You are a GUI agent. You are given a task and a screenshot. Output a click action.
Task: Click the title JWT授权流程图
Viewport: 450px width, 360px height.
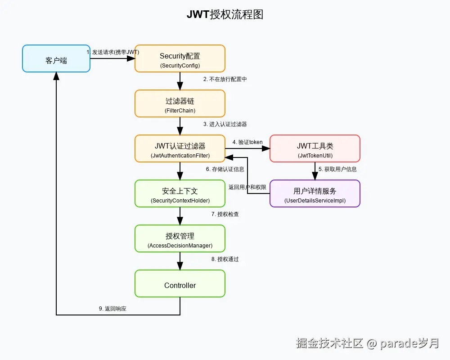(x=225, y=15)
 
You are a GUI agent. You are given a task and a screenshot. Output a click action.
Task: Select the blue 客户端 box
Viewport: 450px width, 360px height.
(x=56, y=58)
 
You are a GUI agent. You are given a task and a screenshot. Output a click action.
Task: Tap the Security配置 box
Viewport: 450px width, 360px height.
(x=180, y=58)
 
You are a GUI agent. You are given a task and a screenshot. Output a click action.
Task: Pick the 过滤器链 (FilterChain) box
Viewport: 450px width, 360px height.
(x=180, y=103)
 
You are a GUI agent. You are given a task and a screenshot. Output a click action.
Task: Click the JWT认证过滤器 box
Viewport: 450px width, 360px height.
(x=180, y=148)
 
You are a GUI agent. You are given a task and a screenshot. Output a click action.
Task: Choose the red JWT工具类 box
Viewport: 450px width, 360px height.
(x=315, y=148)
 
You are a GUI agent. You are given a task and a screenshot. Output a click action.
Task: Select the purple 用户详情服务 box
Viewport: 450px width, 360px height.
(x=315, y=193)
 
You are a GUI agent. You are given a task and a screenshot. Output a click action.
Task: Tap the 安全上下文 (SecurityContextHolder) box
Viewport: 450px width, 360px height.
(x=180, y=193)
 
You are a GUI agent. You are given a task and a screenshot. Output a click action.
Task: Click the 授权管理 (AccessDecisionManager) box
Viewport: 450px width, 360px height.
(x=180, y=238)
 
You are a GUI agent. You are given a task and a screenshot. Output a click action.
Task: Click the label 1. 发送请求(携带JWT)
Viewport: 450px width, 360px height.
(x=113, y=52)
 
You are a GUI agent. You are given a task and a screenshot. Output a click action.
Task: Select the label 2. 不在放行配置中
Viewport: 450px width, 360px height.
(x=225, y=79)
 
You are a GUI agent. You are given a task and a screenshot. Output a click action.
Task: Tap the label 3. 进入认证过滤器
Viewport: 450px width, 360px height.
(x=225, y=124)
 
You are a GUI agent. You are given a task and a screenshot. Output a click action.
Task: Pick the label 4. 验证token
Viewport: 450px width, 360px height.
(x=247, y=142)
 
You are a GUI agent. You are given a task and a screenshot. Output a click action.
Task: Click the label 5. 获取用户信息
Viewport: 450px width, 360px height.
(x=337, y=169)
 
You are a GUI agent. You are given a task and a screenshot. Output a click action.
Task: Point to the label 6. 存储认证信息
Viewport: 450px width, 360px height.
(x=225, y=169)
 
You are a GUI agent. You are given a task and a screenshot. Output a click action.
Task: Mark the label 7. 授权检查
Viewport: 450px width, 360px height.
(x=225, y=214)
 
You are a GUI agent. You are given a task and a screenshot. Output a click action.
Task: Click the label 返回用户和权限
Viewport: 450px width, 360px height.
(x=247, y=187)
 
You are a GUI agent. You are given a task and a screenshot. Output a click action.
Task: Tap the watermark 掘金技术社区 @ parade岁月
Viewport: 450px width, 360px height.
(x=367, y=343)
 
